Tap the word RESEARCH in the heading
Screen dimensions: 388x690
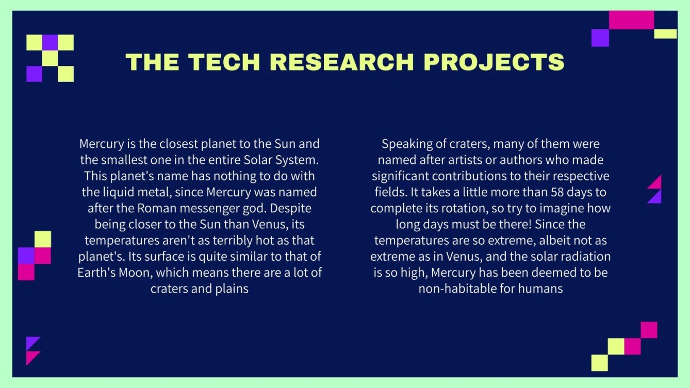click(342, 62)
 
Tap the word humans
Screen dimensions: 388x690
click(542, 289)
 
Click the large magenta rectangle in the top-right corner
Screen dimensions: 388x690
click(631, 20)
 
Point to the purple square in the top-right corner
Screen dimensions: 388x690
click(600, 38)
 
